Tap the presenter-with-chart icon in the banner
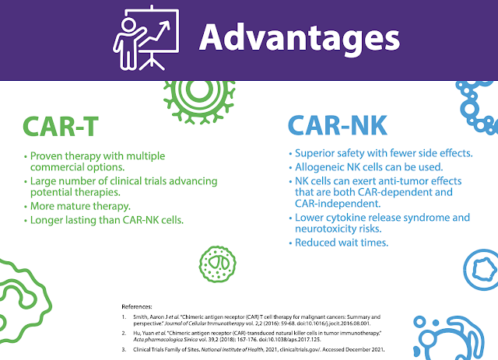(x=146, y=38)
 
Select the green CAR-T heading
(x=61, y=126)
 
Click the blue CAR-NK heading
(x=337, y=125)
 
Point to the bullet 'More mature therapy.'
(x=80, y=206)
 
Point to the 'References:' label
(x=137, y=306)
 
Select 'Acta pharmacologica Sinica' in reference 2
(x=165, y=339)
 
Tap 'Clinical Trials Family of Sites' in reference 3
(x=167, y=350)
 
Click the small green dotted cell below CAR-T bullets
(x=218, y=264)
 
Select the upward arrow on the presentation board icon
(x=155, y=33)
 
